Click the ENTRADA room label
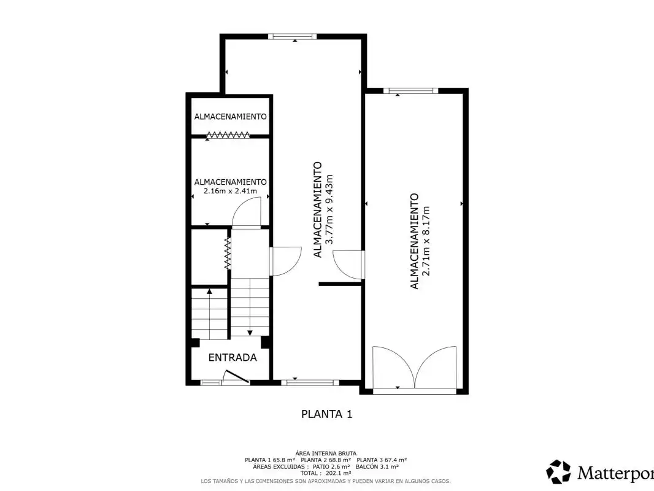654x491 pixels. pos(233,357)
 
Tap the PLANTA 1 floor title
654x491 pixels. pos(326,414)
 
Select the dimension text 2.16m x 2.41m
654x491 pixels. pos(230,191)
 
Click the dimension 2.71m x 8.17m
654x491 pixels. pos(426,241)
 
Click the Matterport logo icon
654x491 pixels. pos(558,472)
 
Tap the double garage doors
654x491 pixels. pos(414,367)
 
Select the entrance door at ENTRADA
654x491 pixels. pos(236,376)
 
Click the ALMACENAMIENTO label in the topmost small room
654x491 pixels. pos(230,117)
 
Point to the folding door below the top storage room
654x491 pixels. pos(228,135)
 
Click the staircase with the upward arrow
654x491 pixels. pos(209,313)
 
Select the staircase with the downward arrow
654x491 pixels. pos(250,307)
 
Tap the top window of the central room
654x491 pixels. pos(292,36)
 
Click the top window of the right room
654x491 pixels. pos(411,90)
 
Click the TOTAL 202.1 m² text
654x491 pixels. pos(325,473)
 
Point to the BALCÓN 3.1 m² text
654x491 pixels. pos(377,467)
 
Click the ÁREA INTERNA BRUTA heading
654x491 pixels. pos(326,454)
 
